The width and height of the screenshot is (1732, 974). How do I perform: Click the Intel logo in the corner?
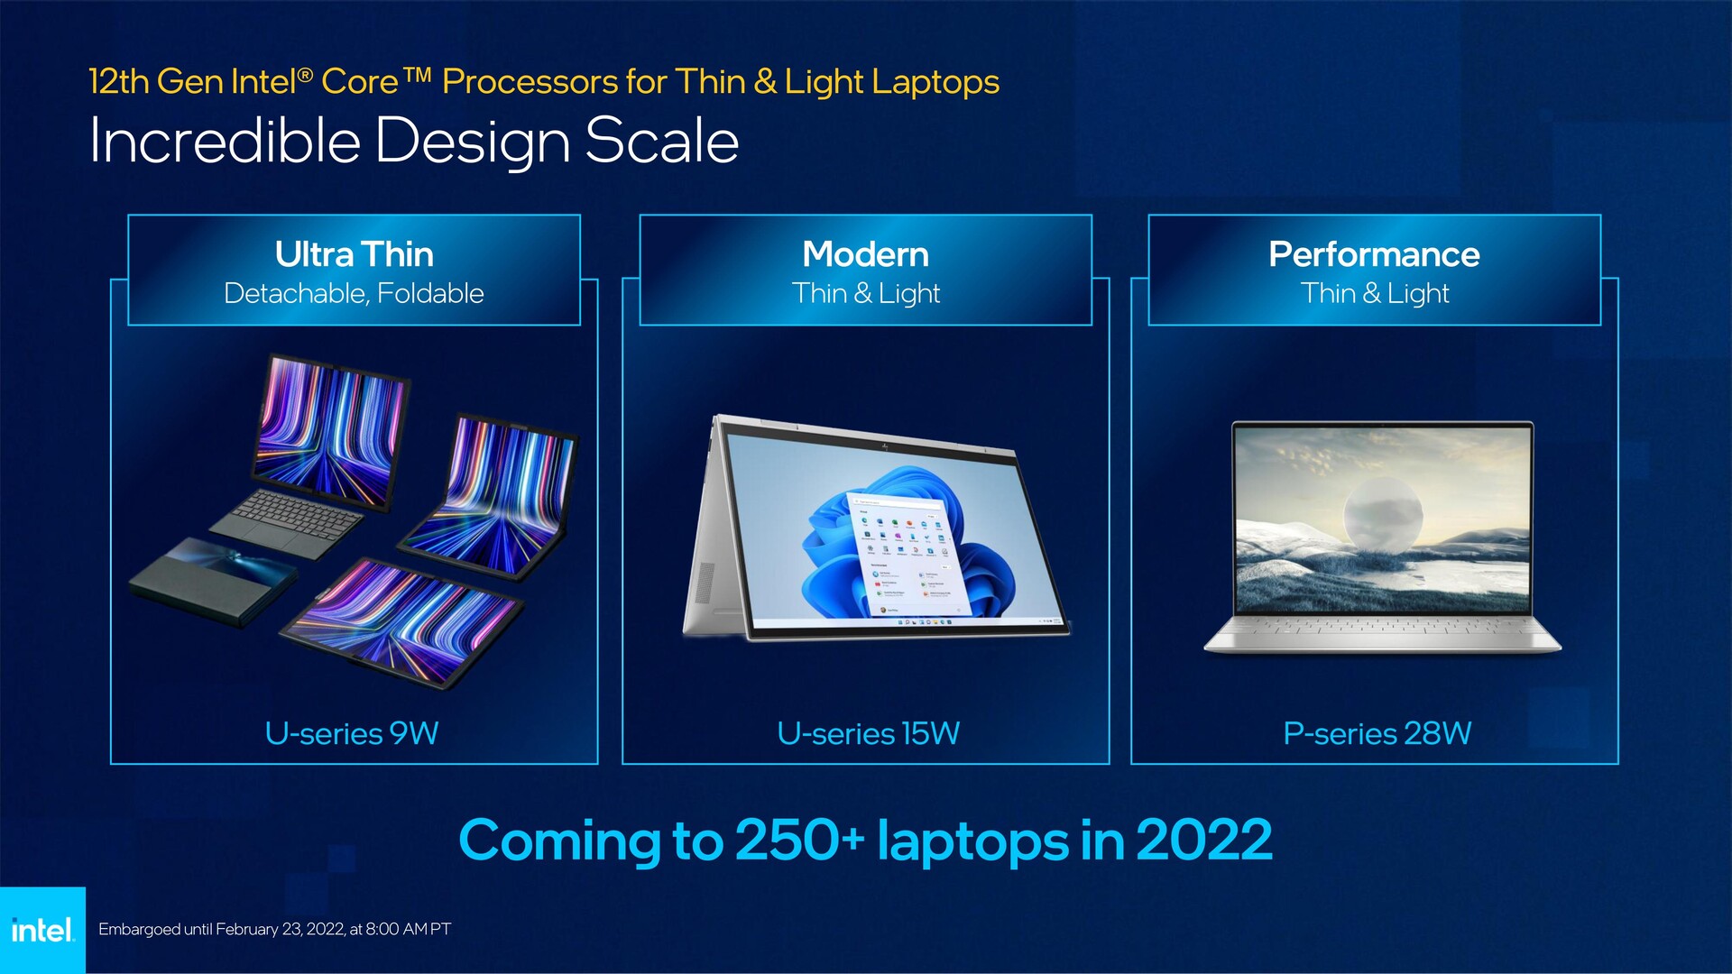[x=42, y=929]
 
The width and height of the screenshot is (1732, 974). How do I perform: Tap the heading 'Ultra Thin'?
[x=355, y=254]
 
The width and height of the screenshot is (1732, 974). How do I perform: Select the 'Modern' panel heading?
[x=866, y=254]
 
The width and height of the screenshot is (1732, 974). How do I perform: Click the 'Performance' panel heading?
[x=1374, y=254]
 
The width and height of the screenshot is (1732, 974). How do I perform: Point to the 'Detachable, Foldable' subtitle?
[x=354, y=294]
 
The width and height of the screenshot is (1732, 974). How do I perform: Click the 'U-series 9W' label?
[x=352, y=733]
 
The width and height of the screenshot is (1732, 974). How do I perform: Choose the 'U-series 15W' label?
[x=868, y=733]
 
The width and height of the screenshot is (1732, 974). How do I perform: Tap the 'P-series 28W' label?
[x=1377, y=733]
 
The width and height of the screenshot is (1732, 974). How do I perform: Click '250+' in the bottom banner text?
[x=799, y=841]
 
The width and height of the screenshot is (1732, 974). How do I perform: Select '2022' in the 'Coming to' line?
[x=1204, y=841]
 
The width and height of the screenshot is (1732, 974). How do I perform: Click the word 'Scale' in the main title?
[x=662, y=142]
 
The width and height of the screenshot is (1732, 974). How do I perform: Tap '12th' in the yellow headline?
[x=119, y=82]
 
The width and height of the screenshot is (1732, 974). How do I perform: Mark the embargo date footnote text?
[x=274, y=929]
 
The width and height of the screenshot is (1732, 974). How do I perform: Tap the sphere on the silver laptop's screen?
[x=1383, y=514]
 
